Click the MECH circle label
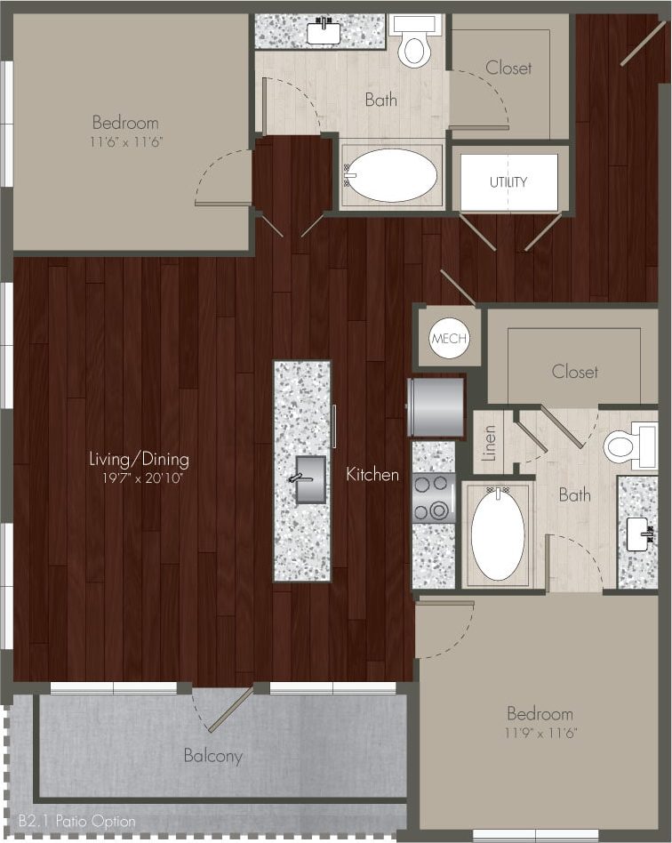449,339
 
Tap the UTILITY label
508,182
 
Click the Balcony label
213,756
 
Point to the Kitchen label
372,475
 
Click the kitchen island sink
308,479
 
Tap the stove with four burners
434,498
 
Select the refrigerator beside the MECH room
436,407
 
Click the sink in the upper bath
323,32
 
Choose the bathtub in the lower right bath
497,534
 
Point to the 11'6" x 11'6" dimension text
125,141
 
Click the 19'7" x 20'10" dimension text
139,479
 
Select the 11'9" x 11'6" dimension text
540,733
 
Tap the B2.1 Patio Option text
76,822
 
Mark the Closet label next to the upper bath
508,68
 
